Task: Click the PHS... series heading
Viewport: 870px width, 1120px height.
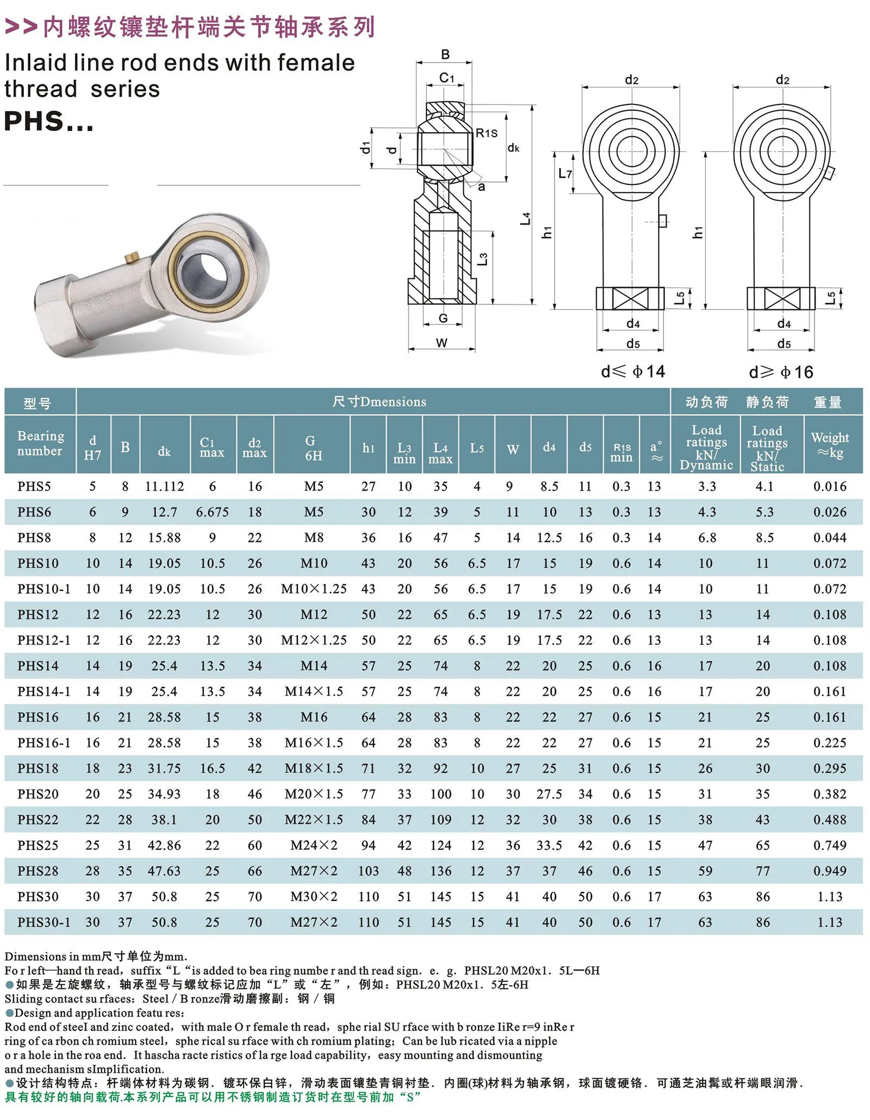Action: click(x=49, y=121)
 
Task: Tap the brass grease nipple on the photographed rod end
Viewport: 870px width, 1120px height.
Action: click(x=131, y=257)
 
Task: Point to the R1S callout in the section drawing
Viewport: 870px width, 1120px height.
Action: click(x=486, y=133)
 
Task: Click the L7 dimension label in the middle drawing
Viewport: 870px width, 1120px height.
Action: click(x=565, y=173)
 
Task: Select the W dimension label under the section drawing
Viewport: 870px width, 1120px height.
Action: click(x=442, y=343)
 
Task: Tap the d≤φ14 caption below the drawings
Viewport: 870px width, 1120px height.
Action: click(x=633, y=372)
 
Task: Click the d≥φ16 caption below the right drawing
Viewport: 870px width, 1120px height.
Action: click(x=781, y=372)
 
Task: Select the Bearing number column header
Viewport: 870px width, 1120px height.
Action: click(x=40, y=444)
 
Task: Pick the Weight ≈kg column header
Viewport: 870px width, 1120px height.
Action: click(x=829, y=445)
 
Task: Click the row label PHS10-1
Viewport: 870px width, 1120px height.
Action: click(x=43, y=589)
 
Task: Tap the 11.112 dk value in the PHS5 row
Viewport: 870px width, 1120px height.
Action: click(x=164, y=487)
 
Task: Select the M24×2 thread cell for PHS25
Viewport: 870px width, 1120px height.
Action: click(x=314, y=845)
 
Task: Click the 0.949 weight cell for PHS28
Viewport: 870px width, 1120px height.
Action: click(x=829, y=871)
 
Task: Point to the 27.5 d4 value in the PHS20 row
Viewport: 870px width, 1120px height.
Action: click(x=549, y=794)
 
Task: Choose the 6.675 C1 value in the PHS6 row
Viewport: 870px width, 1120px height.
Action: click(x=212, y=512)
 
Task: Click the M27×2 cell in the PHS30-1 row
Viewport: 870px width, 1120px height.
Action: click(x=314, y=922)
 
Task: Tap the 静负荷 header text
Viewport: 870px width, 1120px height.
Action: click(x=767, y=402)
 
